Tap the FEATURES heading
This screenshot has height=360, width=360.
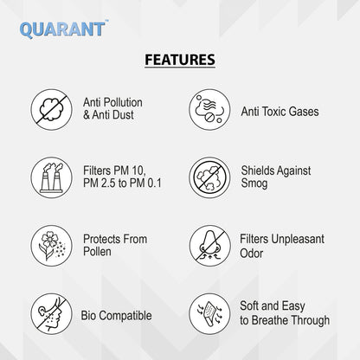tap(179, 61)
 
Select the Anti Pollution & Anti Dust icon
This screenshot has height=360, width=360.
tap(51, 108)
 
